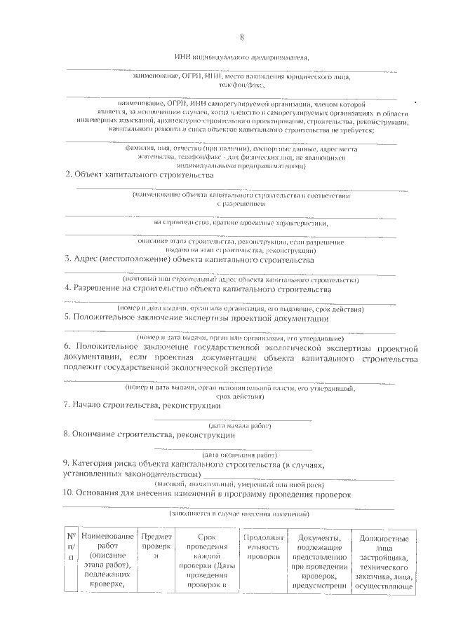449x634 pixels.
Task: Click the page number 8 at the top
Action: pyautogui.click(x=241, y=37)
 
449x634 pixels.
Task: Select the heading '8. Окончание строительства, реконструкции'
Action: pyautogui.click(x=149, y=434)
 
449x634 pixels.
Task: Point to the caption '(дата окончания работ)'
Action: pyautogui.click(x=240, y=454)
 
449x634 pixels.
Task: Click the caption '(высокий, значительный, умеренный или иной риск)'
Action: pyautogui.click(x=240, y=483)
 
